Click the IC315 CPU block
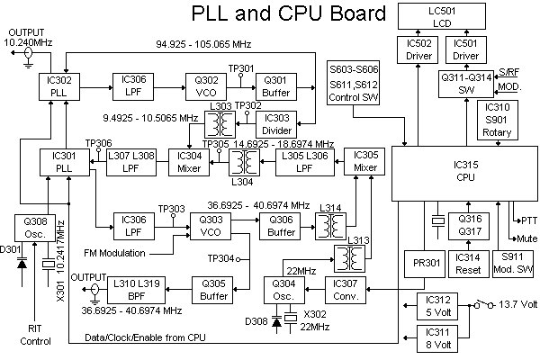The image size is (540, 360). coord(464,174)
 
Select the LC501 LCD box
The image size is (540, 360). coord(442,16)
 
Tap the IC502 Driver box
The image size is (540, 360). coord(418,50)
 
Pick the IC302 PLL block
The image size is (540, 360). coord(59,86)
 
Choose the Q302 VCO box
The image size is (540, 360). coord(206,86)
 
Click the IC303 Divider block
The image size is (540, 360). coord(276,124)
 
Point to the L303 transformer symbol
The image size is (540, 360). coord(220,124)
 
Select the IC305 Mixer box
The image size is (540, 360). coord(364,162)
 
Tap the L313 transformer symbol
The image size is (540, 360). coord(349,258)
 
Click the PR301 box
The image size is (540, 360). coord(425,264)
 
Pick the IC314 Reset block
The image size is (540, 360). coord(469,264)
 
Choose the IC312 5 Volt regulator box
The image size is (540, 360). coord(437,306)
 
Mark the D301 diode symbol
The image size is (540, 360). coord(22,265)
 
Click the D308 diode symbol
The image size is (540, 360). coord(276,322)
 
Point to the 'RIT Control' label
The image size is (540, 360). coord(35,335)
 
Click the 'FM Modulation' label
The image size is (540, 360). coord(114,253)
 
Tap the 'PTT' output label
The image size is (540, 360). coord(529,220)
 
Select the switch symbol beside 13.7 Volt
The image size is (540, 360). coord(484,304)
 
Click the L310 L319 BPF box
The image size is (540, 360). coord(137,290)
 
